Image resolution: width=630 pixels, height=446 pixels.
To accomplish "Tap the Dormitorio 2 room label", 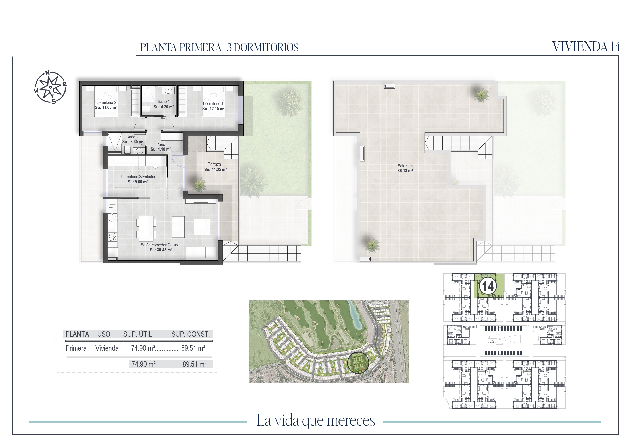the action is [x=106, y=102].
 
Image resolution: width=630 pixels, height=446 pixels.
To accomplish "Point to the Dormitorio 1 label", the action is [x=213, y=103].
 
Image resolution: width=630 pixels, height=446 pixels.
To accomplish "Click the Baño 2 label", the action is [x=132, y=137].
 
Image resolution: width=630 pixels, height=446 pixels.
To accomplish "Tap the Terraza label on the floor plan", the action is [x=214, y=164].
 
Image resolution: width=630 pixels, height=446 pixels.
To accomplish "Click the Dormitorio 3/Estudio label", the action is [x=138, y=177].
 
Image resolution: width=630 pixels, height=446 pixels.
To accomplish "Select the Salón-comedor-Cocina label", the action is [x=160, y=245].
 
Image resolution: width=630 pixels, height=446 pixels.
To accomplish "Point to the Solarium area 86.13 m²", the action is [x=405, y=171].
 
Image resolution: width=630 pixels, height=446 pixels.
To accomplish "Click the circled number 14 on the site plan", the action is [x=488, y=286].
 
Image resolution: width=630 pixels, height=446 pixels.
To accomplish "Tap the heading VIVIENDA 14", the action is [x=586, y=47].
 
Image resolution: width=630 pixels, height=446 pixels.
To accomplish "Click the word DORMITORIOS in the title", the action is [x=266, y=48].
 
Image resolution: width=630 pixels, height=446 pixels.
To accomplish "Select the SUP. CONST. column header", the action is [x=190, y=334].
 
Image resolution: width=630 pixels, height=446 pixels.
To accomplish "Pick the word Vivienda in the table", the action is [x=107, y=348].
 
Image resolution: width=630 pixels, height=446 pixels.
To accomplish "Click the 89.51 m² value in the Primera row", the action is [x=193, y=348].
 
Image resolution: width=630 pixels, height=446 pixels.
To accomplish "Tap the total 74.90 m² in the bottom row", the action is [x=143, y=364].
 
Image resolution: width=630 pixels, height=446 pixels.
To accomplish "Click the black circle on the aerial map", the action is [x=358, y=363].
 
